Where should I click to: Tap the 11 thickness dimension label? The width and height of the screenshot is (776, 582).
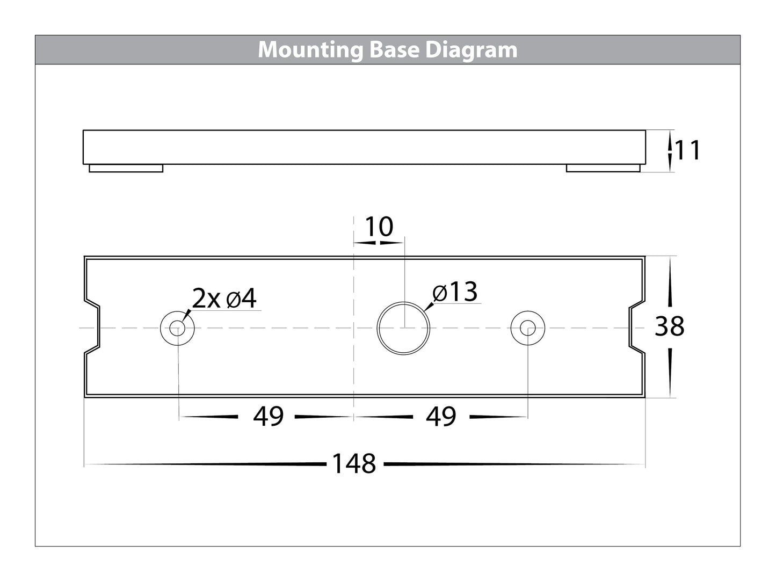point(687,151)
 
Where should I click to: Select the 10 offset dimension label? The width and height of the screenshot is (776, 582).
point(379,227)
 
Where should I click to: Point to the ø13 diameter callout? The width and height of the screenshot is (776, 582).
point(455,293)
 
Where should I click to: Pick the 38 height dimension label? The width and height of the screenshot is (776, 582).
point(669,326)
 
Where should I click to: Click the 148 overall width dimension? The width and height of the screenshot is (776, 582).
point(354,464)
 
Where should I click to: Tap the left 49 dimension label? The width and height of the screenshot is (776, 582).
point(269,417)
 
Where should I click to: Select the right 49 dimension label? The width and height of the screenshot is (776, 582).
point(441,417)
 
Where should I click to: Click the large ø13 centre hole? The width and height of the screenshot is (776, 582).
point(404,328)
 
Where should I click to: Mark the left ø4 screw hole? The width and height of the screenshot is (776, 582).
point(178,328)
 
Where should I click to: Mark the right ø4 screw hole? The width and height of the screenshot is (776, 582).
point(527,328)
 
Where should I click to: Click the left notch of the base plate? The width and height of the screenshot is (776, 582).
point(92,327)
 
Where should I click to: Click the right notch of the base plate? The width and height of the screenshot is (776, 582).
point(637,327)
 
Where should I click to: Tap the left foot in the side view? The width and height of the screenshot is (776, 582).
point(126,169)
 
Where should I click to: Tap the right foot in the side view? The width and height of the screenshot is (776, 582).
point(603,169)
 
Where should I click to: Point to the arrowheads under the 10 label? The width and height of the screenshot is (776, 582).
point(379,243)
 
